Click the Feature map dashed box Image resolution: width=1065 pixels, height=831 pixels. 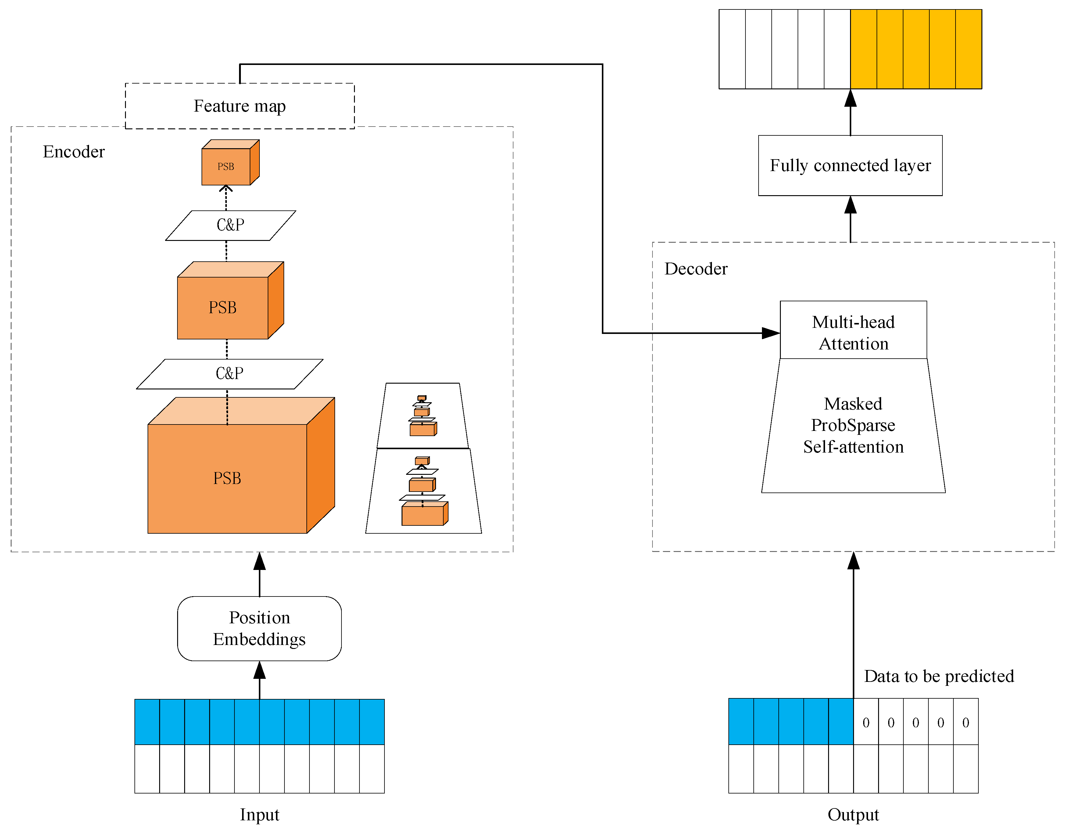[x=239, y=106]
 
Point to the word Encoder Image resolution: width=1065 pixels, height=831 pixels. [x=74, y=152]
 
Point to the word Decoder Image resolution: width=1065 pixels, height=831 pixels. [x=695, y=269]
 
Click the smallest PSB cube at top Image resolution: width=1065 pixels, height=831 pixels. [x=226, y=166]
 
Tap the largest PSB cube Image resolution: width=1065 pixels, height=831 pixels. [x=227, y=478]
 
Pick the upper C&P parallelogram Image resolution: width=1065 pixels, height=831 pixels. [x=230, y=225]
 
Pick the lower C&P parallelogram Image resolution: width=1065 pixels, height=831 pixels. [x=229, y=374]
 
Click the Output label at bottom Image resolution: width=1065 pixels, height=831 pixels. [x=853, y=815]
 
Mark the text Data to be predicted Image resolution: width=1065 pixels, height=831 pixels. [x=939, y=676]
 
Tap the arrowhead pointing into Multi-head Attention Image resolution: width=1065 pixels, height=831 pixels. [x=770, y=333]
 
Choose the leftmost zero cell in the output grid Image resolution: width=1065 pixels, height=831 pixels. [x=866, y=722]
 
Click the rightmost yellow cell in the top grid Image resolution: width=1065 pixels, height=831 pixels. [x=968, y=49]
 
